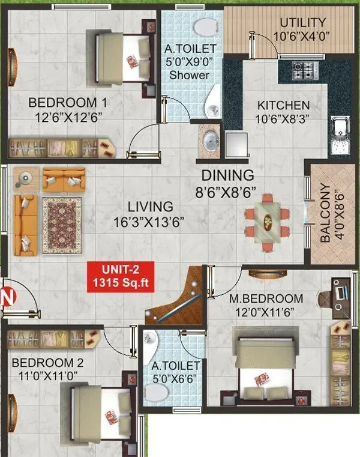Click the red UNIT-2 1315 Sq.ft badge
point(121,277)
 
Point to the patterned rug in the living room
point(62,226)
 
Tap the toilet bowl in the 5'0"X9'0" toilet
point(206,26)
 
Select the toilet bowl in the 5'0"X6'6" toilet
point(156,392)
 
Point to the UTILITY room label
point(303,22)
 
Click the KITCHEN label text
point(283,105)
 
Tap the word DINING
point(228,175)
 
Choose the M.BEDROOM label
point(266,298)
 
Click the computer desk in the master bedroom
point(341,298)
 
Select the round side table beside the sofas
point(26,179)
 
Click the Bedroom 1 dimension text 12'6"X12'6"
point(68,118)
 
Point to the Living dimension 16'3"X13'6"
point(149,222)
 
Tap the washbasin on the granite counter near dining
point(211,141)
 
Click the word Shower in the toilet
point(190,75)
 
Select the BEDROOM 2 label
point(47,363)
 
